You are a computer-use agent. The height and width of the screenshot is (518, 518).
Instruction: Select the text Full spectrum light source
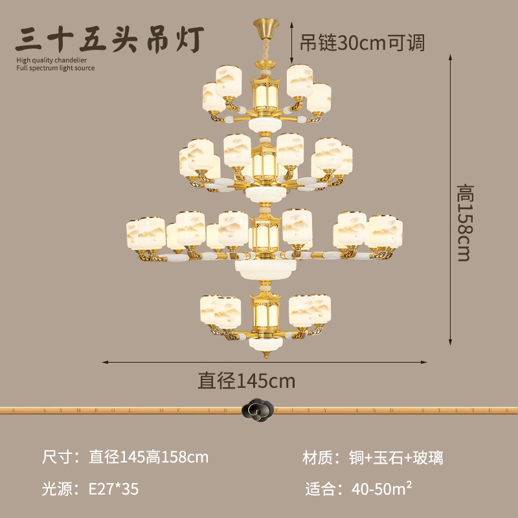coord(56,68)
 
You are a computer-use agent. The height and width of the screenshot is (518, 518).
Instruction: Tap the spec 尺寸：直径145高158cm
coord(126,458)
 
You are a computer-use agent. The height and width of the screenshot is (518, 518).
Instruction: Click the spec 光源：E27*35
coord(90,489)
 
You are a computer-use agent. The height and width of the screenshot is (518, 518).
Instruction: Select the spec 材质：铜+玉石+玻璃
coord(373,458)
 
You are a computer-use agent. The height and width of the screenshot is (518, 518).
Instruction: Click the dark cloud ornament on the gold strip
coord(258,410)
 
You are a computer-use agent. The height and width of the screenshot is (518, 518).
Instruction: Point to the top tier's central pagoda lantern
coord(265,94)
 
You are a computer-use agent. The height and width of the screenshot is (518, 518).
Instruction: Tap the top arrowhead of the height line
coord(450,58)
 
